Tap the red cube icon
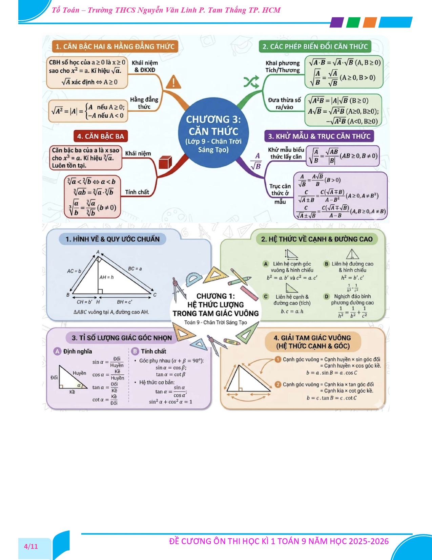click(x=165, y=162)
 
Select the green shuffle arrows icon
click(x=251, y=82)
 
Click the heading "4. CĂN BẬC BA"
click(x=101, y=136)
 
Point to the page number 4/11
click(x=31, y=546)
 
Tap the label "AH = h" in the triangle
click(x=106, y=277)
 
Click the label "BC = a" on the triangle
click(x=135, y=268)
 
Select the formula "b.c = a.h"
click(x=292, y=311)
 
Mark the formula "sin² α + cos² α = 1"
click(x=170, y=402)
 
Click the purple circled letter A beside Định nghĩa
click(x=57, y=351)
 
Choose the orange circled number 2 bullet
click(x=278, y=384)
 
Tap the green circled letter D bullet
click(x=327, y=296)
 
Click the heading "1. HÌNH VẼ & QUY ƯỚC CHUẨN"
click(x=112, y=239)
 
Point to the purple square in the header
click(x=336, y=22)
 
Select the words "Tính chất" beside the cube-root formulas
click(x=137, y=192)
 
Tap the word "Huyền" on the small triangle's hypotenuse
click(x=80, y=373)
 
